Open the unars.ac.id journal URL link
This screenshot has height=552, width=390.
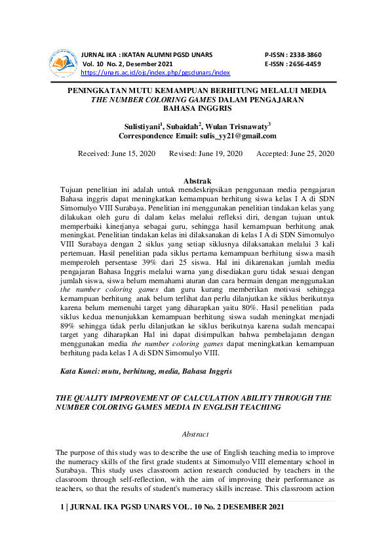(155, 73)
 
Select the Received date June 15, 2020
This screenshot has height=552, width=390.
(133, 153)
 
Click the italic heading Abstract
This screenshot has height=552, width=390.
(195, 434)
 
